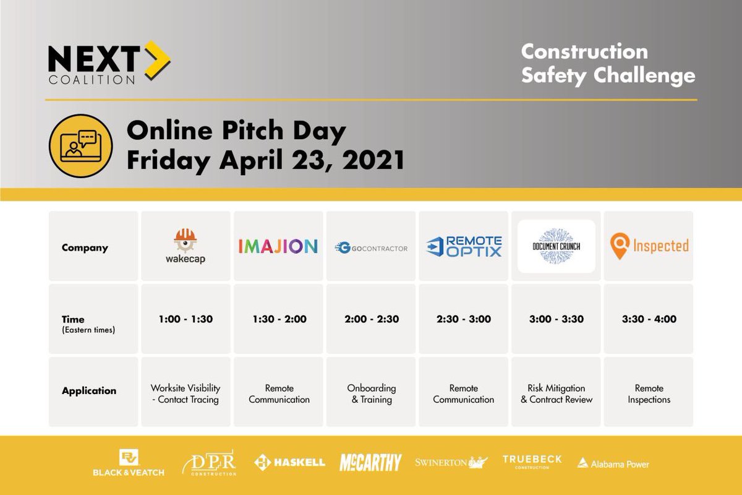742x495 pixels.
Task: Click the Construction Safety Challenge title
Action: [608, 63]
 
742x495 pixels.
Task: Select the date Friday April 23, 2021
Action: [265, 160]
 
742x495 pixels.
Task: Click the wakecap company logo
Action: [185, 246]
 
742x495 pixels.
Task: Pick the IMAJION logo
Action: [278, 246]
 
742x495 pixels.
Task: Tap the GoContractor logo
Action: [371, 248]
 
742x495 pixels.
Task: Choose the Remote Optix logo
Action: [464, 246]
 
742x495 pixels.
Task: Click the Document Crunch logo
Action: [556, 246]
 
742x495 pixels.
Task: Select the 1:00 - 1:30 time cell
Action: [185, 319]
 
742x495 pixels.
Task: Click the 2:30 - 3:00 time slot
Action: [464, 319]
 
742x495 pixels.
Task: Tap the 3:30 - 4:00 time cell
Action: [649, 319]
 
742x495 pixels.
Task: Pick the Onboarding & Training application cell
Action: [371, 394]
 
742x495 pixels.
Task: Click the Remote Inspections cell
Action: [649, 394]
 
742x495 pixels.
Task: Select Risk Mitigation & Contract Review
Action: [556, 394]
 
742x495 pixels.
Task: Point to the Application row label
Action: [89, 391]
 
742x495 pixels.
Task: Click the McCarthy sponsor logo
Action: [370, 462]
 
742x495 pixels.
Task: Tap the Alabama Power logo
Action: [613, 463]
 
